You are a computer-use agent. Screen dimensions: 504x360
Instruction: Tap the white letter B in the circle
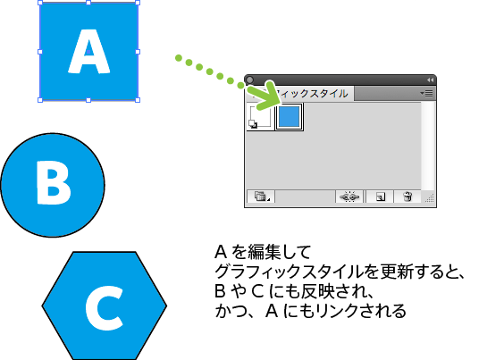click(54, 182)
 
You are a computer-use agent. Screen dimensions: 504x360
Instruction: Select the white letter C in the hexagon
click(105, 307)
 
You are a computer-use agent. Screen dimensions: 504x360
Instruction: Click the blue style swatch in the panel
click(290, 117)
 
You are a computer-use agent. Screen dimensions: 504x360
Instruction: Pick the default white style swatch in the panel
click(260, 117)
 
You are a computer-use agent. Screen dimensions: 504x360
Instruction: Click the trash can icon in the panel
click(407, 197)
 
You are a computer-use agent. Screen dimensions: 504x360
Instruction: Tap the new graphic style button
click(381, 197)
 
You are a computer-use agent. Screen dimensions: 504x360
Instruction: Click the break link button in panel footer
click(349, 197)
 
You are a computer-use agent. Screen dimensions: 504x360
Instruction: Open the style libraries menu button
click(261, 197)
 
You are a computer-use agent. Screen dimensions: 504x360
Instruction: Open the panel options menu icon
click(426, 94)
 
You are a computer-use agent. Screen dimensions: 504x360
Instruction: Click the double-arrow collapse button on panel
click(430, 80)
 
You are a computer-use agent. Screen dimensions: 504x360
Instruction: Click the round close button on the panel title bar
click(249, 80)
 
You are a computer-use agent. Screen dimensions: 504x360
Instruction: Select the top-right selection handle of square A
click(138, 3)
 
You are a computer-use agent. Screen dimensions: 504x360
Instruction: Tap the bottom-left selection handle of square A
click(40, 100)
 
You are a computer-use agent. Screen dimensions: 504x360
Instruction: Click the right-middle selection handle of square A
click(138, 52)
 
